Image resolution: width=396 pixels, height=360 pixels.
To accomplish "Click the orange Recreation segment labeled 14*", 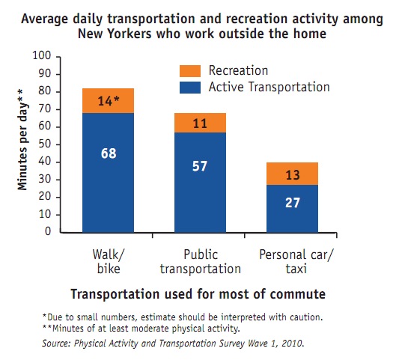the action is [108, 101].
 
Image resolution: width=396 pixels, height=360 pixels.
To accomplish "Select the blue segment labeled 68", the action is [108, 173].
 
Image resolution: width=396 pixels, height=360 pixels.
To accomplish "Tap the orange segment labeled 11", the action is [200, 123].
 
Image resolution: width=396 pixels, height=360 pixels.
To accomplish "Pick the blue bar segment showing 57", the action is [200, 183].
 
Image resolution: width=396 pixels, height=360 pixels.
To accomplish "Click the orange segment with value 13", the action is [292, 174].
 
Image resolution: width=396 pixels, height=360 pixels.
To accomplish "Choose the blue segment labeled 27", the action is [292, 209].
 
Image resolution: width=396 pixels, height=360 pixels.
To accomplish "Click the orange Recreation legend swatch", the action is [190, 71].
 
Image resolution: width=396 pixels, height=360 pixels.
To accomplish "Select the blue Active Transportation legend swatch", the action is [190, 88].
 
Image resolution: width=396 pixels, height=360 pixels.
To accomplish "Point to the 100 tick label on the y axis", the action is [42, 55].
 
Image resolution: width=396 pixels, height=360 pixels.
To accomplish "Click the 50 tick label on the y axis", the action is [45, 144].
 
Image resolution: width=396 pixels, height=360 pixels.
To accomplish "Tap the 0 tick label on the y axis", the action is [48, 231].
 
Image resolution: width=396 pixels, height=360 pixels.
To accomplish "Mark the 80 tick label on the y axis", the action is [45, 91].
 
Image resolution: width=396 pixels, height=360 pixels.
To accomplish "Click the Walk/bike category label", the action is [109, 261].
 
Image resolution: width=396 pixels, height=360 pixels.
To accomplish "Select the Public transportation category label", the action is [201, 261].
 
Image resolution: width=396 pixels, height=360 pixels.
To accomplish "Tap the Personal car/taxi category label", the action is [296, 261].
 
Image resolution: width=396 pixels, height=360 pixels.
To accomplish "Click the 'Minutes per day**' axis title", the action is [22, 140].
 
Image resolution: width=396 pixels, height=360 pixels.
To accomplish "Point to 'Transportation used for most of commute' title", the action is [198, 294].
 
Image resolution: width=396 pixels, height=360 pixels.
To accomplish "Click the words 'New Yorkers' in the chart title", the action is [115, 34].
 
